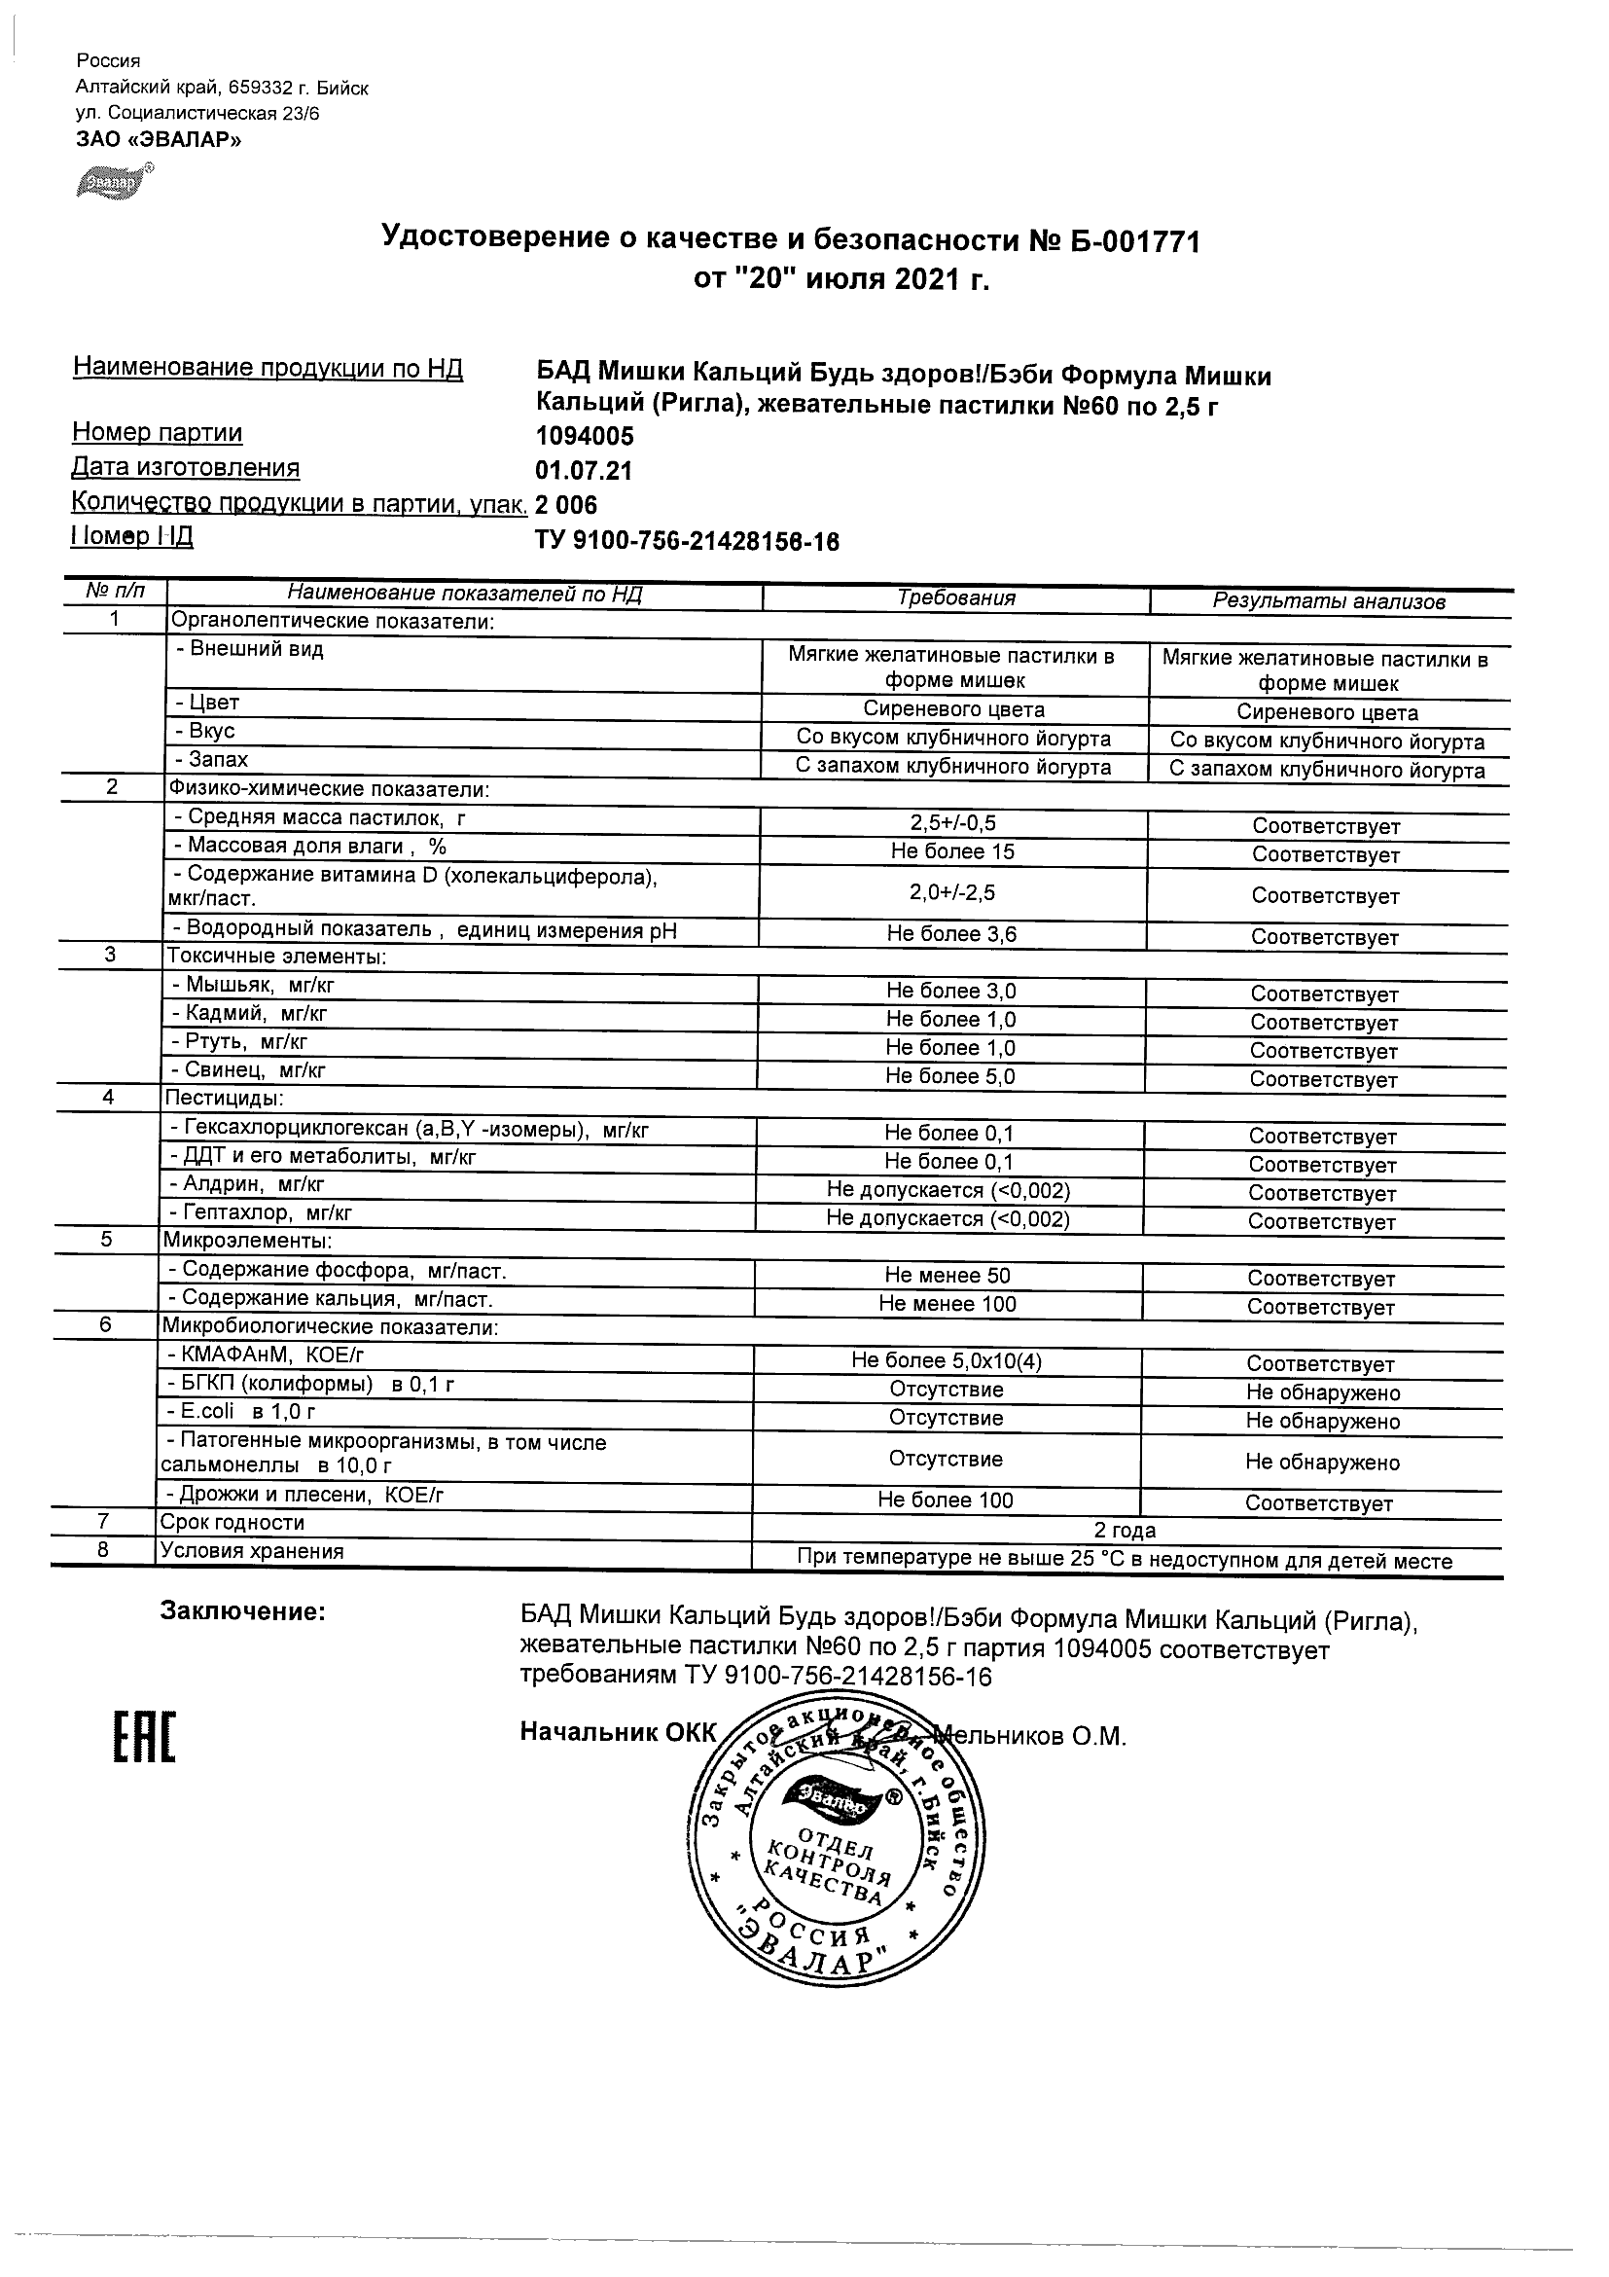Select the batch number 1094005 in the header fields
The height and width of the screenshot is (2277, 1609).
tap(584, 436)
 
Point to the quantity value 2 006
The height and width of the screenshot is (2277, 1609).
tap(566, 505)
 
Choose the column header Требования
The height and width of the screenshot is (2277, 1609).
tap(955, 598)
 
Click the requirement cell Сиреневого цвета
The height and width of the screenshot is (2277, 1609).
tap(953, 709)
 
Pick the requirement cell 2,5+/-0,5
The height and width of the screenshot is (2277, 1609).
tap(952, 823)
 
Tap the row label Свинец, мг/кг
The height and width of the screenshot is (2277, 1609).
tap(248, 1070)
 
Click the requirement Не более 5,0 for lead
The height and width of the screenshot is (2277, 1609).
tap(950, 1076)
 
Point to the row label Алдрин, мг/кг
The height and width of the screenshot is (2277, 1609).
tap(247, 1184)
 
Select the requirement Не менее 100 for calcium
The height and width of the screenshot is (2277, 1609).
tap(948, 1304)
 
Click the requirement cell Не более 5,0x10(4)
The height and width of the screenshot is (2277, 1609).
tap(947, 1360)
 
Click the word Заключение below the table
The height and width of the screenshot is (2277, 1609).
tap(243, 1612)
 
